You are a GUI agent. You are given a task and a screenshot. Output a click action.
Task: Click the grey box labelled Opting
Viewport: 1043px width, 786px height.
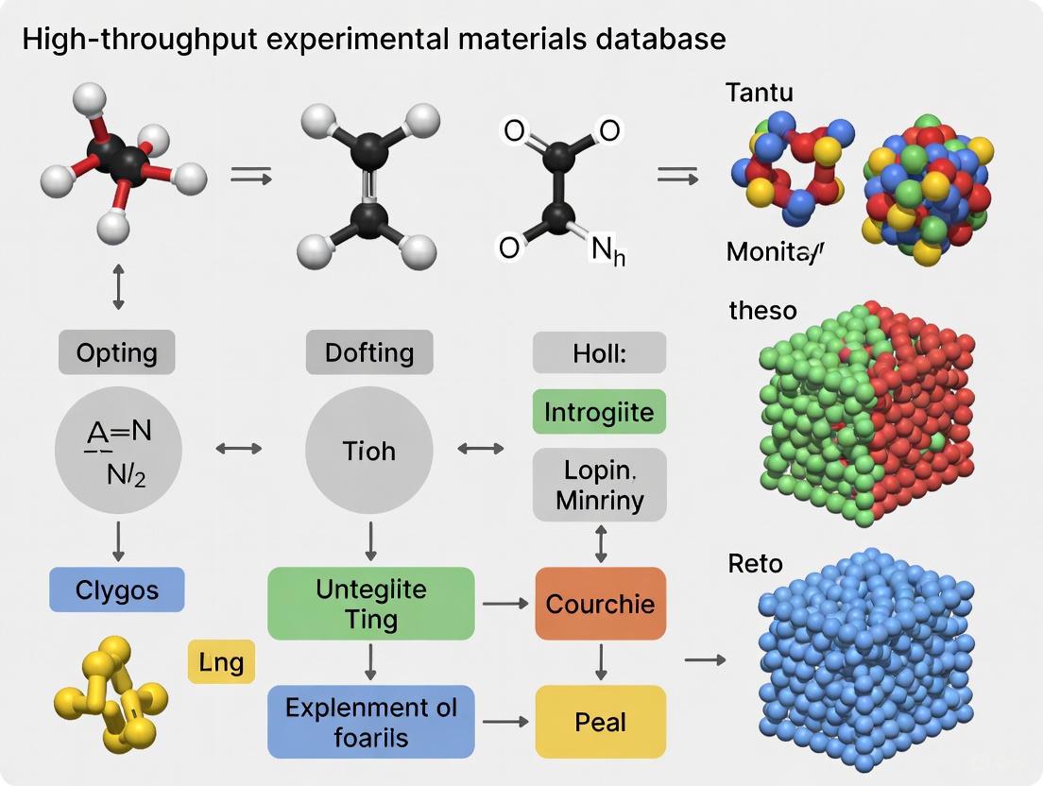(x=116, y=353)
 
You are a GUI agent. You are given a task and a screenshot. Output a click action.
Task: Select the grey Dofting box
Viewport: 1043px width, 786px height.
(x=369, y=353)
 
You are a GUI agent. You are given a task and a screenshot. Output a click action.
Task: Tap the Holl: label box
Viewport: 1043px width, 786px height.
(x=599, y=353)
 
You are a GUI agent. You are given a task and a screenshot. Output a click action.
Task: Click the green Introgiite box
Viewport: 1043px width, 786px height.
(x=599, y=413)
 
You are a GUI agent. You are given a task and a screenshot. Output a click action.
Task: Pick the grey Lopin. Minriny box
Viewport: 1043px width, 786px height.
(x=599, y=485)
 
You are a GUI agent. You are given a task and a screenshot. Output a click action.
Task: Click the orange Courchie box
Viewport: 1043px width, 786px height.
(x=600, y=604)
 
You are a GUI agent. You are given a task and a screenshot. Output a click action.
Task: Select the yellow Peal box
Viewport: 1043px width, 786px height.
(x=600, y=723)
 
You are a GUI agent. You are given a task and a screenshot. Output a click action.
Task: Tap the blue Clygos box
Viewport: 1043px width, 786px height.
(x=116, y=591)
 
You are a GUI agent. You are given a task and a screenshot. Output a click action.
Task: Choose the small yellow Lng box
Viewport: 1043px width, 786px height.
(x=222, y=661)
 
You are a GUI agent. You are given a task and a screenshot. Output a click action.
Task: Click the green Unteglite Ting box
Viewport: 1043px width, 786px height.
(x=370, y=605)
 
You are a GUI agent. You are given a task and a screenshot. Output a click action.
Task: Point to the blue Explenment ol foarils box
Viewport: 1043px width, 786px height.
(x=370, y=722)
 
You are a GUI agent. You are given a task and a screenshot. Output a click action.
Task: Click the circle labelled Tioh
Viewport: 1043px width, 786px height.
(x=369, y=450)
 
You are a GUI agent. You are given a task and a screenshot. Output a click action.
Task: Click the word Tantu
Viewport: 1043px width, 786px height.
(x=759, y=93)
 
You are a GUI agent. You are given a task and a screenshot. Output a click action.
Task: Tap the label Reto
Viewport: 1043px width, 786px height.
(x=755, y=564)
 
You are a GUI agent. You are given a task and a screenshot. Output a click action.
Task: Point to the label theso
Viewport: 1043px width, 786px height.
(x=762, y=310)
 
